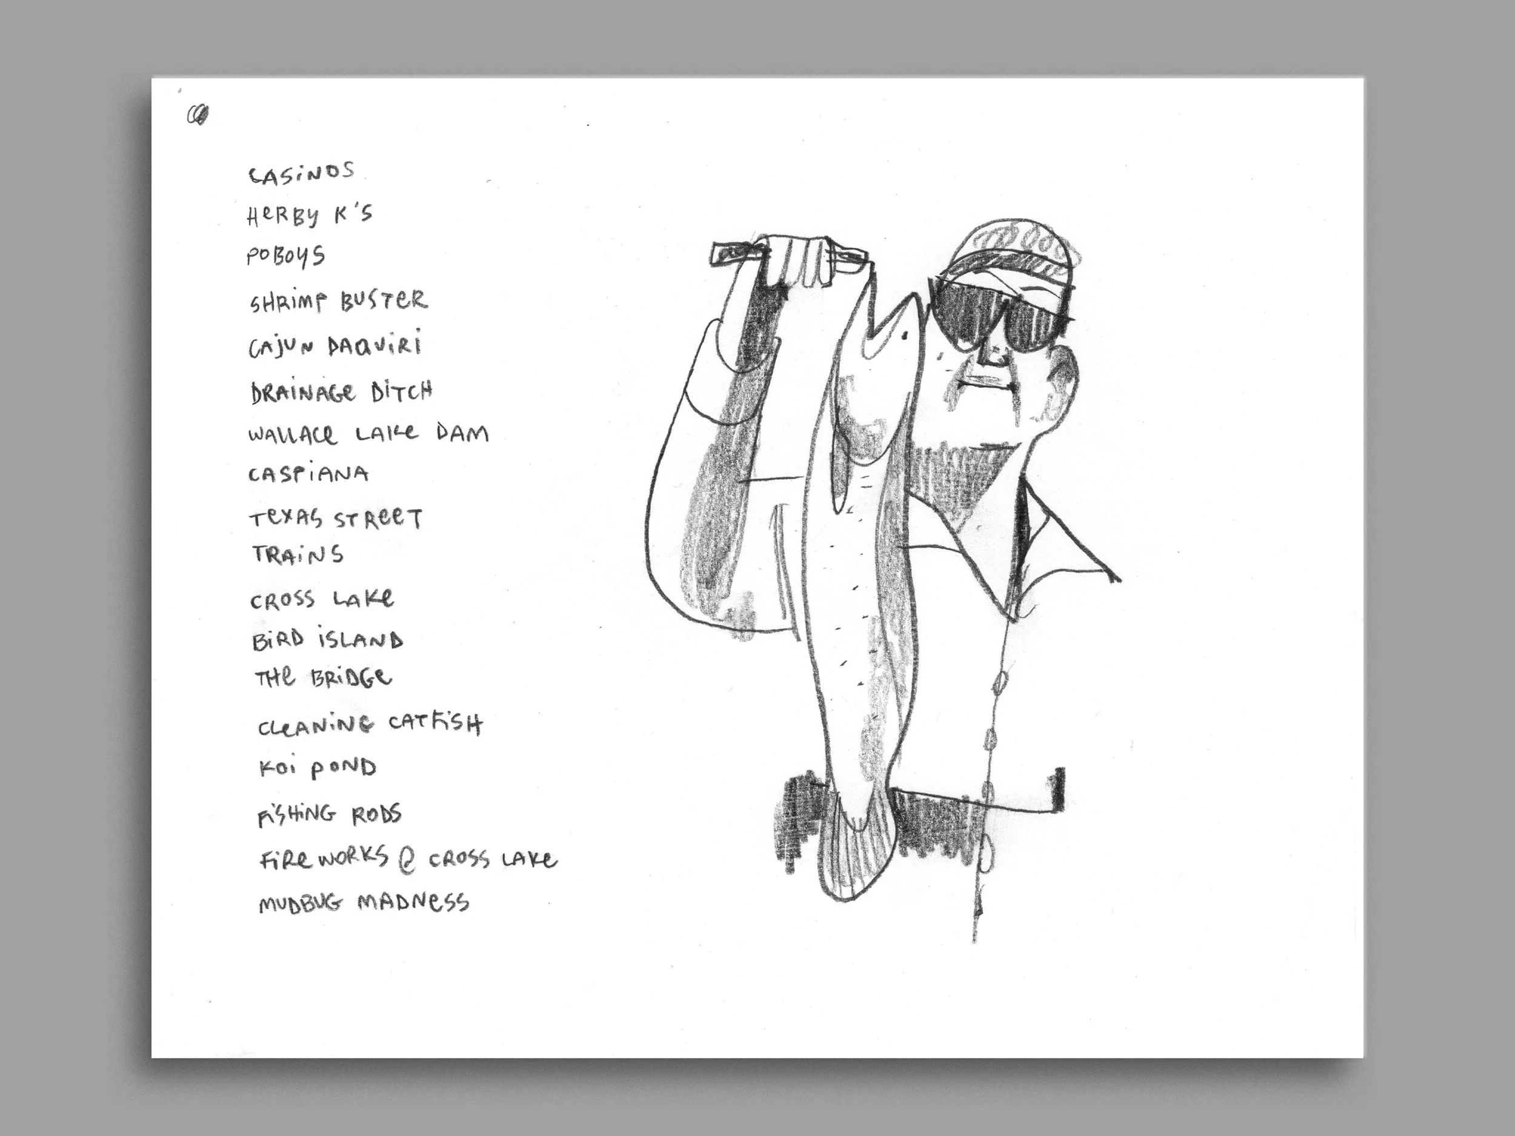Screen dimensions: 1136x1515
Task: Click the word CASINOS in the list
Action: tap(301, 174)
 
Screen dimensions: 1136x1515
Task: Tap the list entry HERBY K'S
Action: tap(309, 215)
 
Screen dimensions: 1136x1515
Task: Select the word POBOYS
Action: tap(285, 256)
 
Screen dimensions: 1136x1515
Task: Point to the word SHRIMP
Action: tap(288, 302)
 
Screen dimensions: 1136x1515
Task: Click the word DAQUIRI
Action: tap(374, 345)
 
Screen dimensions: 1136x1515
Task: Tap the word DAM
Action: tap(462, 433)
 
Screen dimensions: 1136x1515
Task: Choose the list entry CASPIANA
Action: tap(308, 474)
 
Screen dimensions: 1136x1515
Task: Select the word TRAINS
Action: tap(298, 554)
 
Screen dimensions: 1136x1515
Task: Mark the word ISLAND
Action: tap(360, 640)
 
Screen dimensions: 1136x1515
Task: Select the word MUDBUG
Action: tap(300, 904)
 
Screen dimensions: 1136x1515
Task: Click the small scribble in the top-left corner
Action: tap(198, 115)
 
